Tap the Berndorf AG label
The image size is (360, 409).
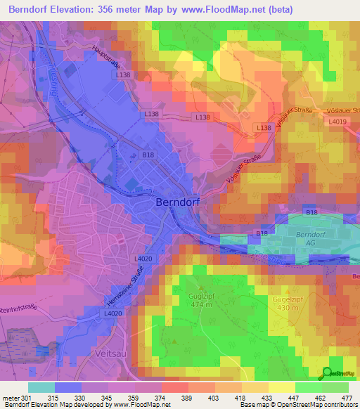310,238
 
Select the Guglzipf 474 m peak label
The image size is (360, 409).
202,299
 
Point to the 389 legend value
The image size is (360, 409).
187,398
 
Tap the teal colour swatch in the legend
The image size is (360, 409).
41,387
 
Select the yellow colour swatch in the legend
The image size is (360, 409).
282,387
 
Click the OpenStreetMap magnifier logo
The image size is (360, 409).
327,373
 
